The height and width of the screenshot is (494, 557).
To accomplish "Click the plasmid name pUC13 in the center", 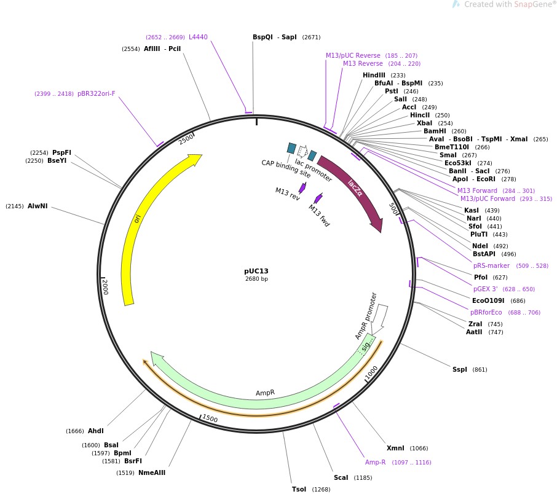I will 256,271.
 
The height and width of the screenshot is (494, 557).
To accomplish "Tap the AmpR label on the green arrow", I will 265,393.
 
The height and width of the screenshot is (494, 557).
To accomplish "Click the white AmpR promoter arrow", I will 380,316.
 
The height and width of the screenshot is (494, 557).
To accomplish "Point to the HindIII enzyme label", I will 374,75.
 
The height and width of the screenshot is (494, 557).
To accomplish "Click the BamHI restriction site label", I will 435,131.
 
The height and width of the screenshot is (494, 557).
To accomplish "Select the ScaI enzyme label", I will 341,477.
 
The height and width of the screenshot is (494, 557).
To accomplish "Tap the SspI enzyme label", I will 460,369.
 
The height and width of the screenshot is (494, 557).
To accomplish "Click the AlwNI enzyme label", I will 38,206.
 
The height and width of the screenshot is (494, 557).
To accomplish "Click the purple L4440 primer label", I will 198,37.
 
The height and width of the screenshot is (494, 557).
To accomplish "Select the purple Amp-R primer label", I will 375,462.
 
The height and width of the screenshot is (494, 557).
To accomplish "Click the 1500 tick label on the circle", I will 210,418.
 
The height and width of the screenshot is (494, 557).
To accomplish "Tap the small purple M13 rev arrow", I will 302,187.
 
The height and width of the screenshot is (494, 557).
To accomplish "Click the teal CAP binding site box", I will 291,147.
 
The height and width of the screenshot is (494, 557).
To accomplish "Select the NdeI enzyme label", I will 480,246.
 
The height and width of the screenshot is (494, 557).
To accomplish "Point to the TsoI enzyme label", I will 299,489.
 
